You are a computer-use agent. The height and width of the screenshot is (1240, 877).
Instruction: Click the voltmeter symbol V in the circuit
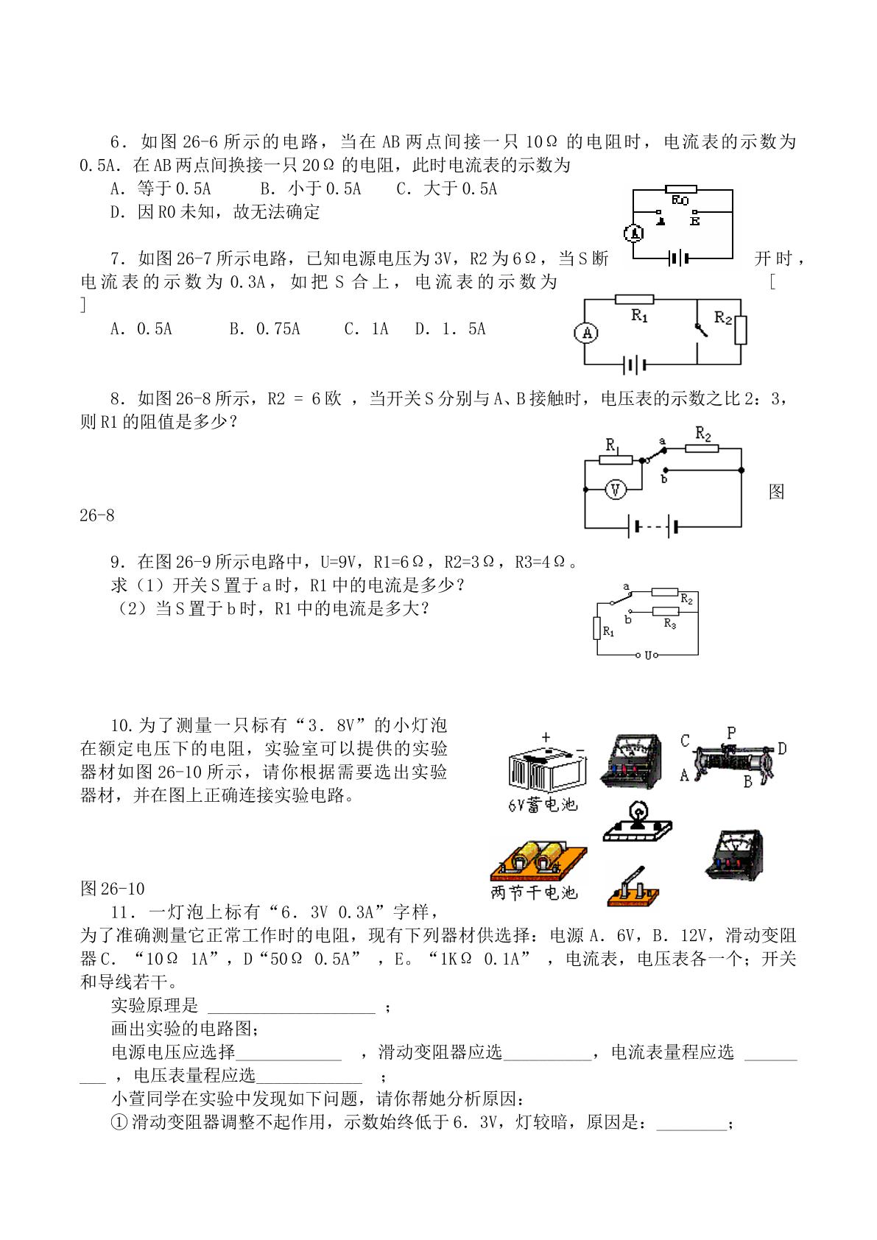(x=615, y=490)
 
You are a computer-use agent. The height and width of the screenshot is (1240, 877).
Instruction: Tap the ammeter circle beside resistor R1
(x=586, y=333)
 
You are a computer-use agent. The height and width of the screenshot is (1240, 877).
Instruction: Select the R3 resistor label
(x=670, y=624)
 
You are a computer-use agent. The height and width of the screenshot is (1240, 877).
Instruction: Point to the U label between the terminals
(x=648, y=655)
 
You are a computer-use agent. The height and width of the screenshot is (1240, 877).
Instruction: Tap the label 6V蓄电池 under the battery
(x=543, y=804)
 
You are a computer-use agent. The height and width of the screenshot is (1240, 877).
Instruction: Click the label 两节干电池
(x=534, y=892)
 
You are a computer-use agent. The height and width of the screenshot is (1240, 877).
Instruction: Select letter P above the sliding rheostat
(x=730, y=733)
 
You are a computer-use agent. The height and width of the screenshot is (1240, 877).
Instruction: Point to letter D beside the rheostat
(x=782, y=749)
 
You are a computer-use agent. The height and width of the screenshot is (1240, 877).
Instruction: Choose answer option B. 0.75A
(x=264, y=329)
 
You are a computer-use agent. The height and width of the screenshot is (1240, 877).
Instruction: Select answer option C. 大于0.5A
(x=447, y=189)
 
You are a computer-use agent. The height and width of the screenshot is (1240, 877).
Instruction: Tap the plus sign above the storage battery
(x=546, y=737)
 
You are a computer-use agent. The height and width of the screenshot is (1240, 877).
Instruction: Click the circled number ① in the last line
(x=119, y=1122)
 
